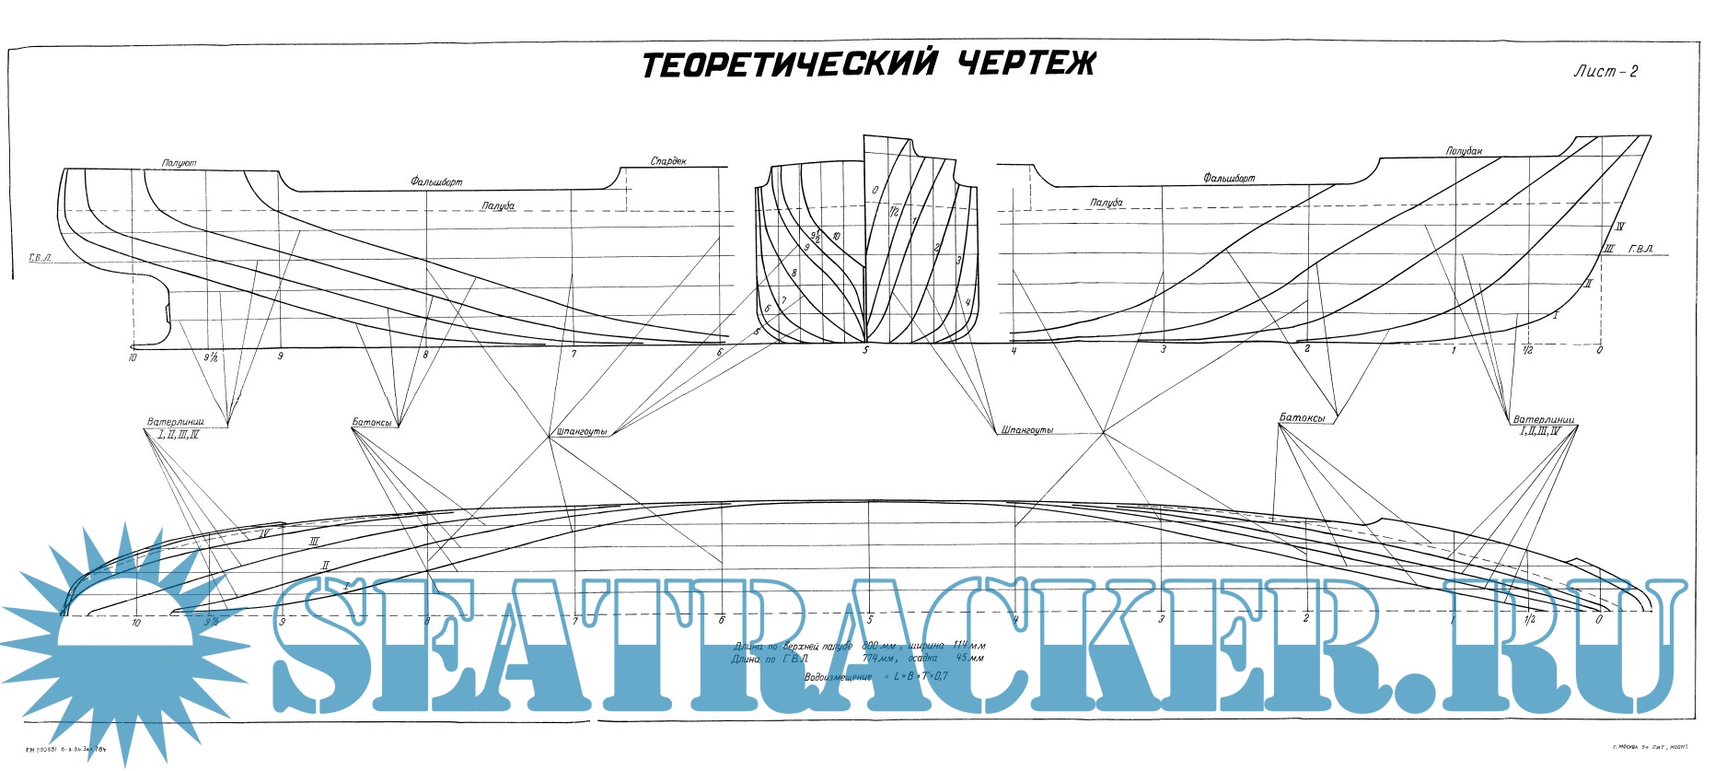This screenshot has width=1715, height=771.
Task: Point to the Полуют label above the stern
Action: [x=179, y=163]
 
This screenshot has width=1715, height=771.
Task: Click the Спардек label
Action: [x=668, y=161]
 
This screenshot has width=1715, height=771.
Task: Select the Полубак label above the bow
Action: [x=1464, y=151]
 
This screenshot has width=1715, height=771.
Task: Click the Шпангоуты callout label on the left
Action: [x=582, y=432]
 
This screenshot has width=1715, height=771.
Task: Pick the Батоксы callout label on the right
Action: [x=1302, y=418]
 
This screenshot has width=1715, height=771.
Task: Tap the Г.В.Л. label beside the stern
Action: [x=39, y=259]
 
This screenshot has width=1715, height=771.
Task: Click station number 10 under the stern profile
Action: [x=133, y=357]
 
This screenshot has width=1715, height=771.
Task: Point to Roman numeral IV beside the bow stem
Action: [x=1619, y=227]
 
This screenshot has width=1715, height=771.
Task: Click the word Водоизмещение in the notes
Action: [x=838, y=677]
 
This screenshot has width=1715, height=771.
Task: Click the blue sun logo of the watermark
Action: [x=124, y=636]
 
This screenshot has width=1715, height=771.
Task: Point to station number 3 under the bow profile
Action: [x=1163, y=350]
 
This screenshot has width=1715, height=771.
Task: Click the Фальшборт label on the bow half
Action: [x=1228, y=178]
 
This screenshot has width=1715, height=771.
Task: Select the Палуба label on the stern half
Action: [x=498, y=205]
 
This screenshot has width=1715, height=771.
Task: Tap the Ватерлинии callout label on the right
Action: [x=1544, y=419]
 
